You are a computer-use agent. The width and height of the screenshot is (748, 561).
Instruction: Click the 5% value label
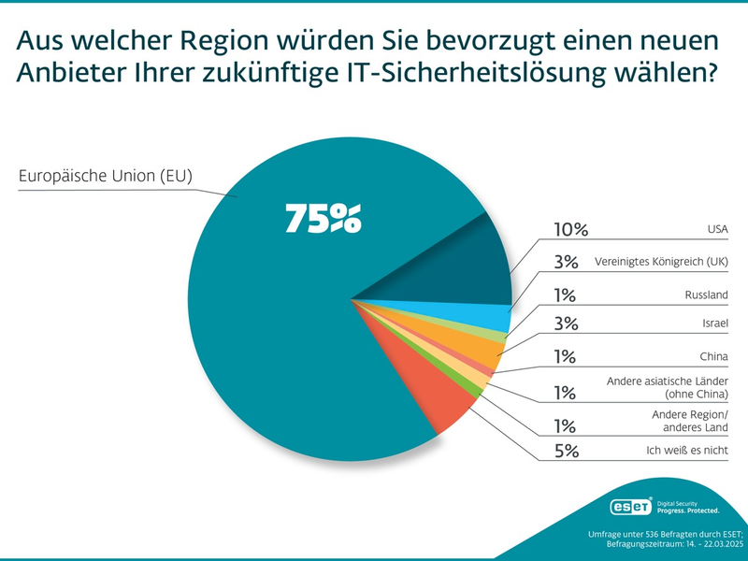(x=567, y=452)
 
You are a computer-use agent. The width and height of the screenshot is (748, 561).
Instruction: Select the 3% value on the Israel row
(x=567, y=324)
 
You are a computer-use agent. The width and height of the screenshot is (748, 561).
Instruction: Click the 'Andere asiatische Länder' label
(x=668, y=382)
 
